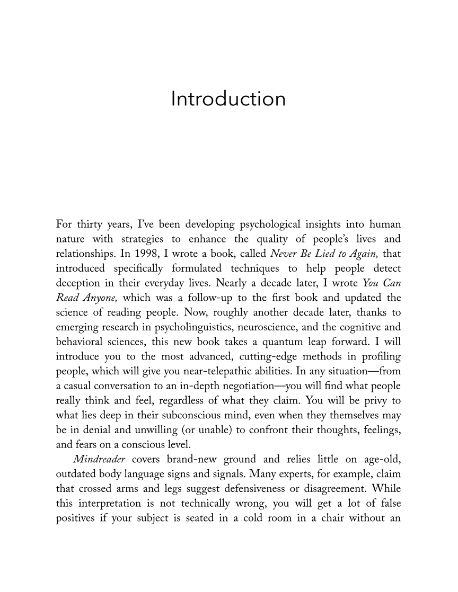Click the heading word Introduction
pyautogui.click(x=228, y=99)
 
